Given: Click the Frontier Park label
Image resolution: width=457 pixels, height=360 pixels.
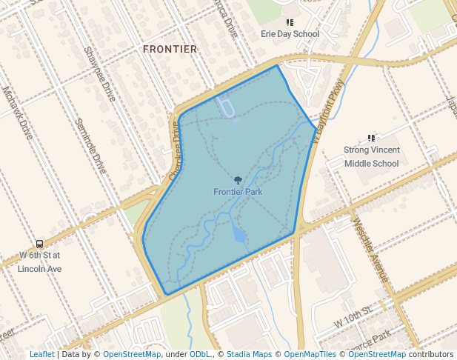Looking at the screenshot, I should (x=238, y=192).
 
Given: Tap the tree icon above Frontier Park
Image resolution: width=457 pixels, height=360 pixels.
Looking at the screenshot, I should (x=238, y=180).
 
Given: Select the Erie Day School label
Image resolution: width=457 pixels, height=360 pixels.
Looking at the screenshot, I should (x=290, y=34).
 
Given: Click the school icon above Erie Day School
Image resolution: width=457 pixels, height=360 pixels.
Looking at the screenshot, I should (x=290, y=23).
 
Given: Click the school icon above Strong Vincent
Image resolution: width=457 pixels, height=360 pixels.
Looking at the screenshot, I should (x=372, y=138).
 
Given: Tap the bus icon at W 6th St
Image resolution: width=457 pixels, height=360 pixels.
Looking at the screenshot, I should (x=39, y=244).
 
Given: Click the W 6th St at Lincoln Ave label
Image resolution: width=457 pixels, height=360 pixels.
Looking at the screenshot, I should (x=39, y=261).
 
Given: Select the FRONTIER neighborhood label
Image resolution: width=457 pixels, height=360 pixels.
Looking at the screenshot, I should (x=170, y=50).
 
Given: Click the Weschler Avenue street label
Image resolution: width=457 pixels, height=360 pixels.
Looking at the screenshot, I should (x=370, y=248).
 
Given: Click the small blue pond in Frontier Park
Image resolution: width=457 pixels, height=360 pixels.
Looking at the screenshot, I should (x=238, y=236).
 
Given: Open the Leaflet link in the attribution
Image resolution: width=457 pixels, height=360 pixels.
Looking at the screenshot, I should (x=41, y=354).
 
